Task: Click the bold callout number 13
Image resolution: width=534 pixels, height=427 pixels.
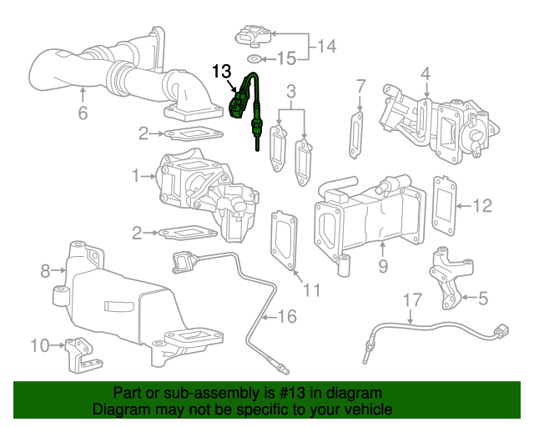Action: [221, 72]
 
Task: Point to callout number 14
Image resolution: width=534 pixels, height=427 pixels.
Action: [330, 47]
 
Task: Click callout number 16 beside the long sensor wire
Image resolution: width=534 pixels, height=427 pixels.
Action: [286, 316]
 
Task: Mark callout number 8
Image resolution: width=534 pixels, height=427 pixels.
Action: [46, 269]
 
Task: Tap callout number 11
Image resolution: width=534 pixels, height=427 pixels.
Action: [311, 289]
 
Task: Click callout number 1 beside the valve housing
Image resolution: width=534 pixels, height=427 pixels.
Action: [136, 176]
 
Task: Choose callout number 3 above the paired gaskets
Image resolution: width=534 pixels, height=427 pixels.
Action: [291, 90]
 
